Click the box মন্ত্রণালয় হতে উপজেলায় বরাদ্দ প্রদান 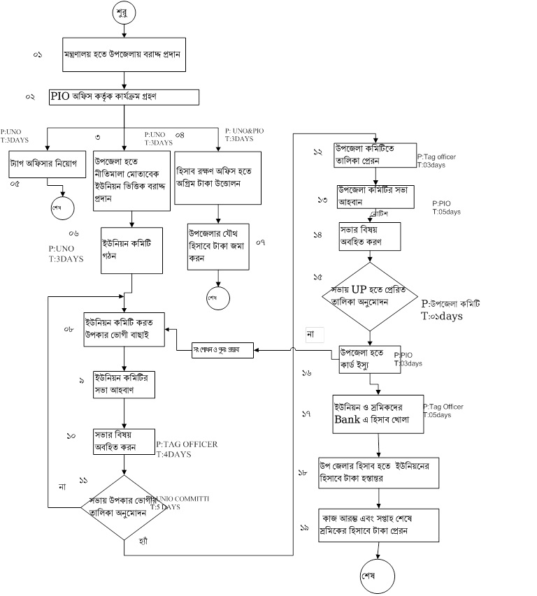pos(124,54)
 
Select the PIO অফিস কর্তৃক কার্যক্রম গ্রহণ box pos(124,96)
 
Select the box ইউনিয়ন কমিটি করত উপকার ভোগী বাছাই pos(124,328)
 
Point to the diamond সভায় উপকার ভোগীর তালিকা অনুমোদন pos(123,507)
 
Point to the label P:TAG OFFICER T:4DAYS pos(187,449)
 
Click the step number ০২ pos(30,97)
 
